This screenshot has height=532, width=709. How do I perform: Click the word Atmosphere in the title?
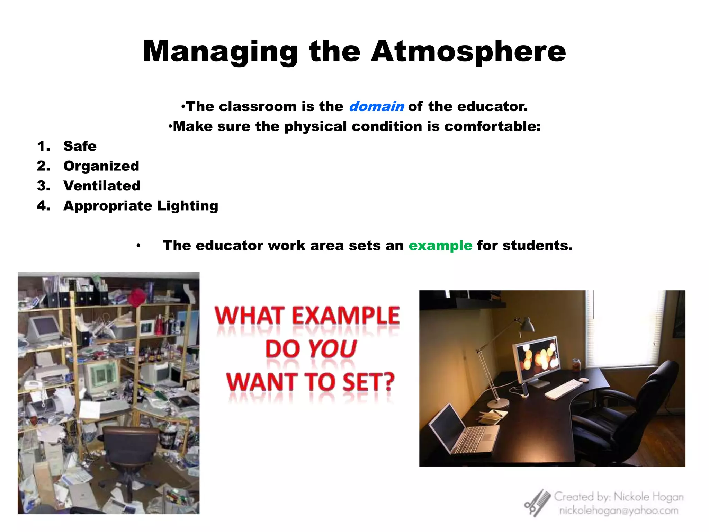click(x=468, y=52)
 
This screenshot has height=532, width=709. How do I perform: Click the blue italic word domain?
click(x=376, y=106)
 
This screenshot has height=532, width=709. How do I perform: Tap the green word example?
click(x=440, y=246)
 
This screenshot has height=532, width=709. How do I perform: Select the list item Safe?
click(x=80, y=146)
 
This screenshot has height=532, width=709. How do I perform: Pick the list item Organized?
click(x=101, y=166)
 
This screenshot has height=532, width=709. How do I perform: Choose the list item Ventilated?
click(x=102, y=186)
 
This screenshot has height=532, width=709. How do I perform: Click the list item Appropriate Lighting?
click(x=141, y=206)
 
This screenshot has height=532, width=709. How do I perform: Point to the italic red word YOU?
click(x=332, y=349)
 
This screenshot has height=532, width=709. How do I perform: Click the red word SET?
click(x=368, y=382)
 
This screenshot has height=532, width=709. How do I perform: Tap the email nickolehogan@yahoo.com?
click(x=619, y=511)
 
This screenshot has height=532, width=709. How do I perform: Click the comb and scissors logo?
click(x=537, y=503)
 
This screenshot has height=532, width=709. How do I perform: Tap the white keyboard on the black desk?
click(x=564, y=389)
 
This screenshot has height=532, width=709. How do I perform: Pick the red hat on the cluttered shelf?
click(x=137, y=297)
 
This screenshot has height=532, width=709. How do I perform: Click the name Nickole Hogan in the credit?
click(x=648, y=497)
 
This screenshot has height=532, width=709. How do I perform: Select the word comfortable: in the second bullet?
click(x=492, y=126)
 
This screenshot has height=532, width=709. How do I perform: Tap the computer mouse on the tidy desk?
click(x=584, y=380)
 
